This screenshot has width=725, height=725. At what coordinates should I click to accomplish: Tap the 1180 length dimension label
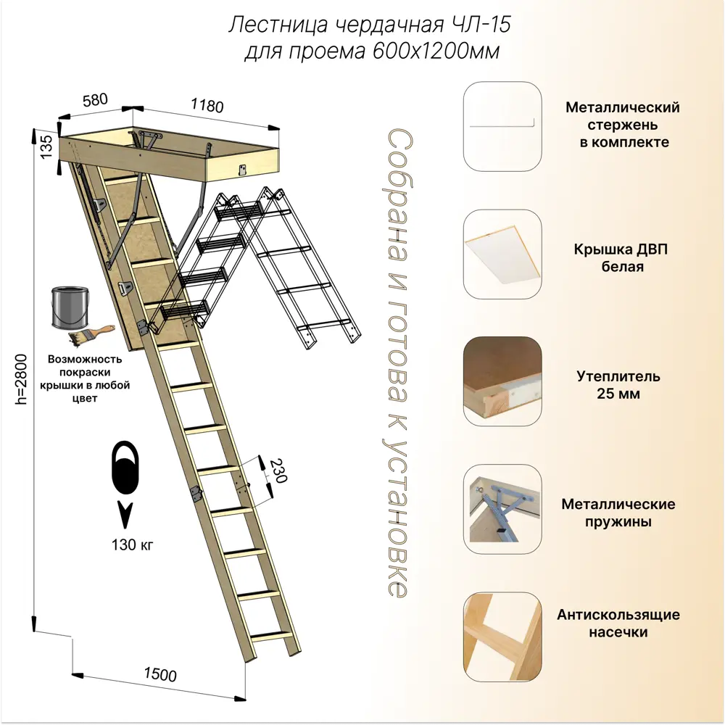pyautogui.click(x=207, y=104)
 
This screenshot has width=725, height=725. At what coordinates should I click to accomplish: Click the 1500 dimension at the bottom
pyautogui.click(x=159, y=674)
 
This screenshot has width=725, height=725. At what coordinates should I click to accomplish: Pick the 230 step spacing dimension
pyautogui.click(x=276, y=473)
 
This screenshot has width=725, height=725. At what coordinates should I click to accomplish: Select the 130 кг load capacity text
pyautogui.click(x=134, y=544)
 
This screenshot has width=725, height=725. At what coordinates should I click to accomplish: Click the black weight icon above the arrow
pyautogui.click(x=126, y=468)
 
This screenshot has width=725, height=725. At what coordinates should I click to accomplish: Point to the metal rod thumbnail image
pyautogui.click(x=502, y=125)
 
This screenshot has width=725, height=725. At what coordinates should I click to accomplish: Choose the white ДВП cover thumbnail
pyautogui.click(x=502, y=254)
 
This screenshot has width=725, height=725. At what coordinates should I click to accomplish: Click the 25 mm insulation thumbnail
pyautogui.click(x=502, y=381)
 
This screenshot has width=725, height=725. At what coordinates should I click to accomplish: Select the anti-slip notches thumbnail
pyautogui.click(x=502, y=636)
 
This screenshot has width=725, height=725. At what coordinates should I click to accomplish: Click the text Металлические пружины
pyautogui.click(x=618, y=513)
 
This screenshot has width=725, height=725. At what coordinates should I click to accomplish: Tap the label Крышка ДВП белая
pyautogui.click(x=622, y=258)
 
